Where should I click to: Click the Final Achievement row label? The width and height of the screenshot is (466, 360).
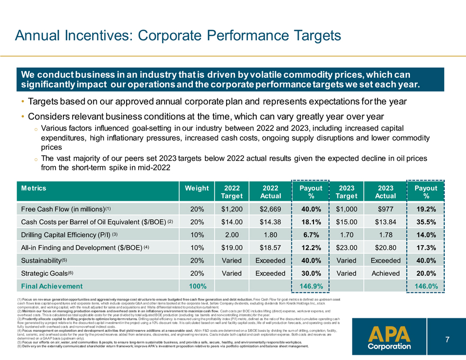tap(52, 286)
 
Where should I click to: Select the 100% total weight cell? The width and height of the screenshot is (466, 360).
tap(197, 286)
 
